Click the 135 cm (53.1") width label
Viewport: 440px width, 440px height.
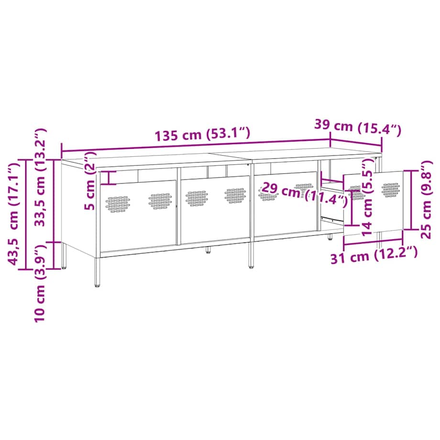pyautogui.click(x=202, y=135)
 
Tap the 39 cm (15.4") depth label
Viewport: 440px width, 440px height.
pyautogui.click(x=357, y=127)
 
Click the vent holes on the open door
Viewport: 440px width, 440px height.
pyautogui.click(x=391, y=189)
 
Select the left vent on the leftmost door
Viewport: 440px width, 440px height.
pyautogui.click(x=118, y=203)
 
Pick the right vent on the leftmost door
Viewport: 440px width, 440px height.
pyautogui.click(x=160, y=201)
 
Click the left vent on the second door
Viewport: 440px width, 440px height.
pyautogui.click(x=197, y=198)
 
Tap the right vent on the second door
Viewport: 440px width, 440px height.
pyautogui.click(x=235, y=195)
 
